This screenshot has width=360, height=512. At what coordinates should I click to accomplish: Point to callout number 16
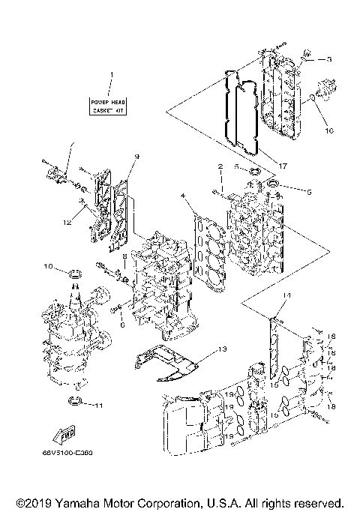pyautogui.click(x=328, y=130)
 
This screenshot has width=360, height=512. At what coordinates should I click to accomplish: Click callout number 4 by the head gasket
pyautogui.click(x=183, y=196)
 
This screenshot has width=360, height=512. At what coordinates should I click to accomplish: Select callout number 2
pyautogui.click(x=220, y=166)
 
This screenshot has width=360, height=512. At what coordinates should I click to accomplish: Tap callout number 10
pyautogui.click(x=47, y=266)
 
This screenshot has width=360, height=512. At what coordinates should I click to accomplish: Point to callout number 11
pyautogui.click(x=97, y=406)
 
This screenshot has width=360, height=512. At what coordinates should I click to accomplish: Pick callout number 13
pyautogui.click(x=223, y=350)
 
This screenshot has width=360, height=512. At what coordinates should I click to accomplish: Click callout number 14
pyautogui.click(x=286, y=297)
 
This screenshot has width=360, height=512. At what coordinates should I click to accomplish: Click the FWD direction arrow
pyautogui.click(x=66, y=433)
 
